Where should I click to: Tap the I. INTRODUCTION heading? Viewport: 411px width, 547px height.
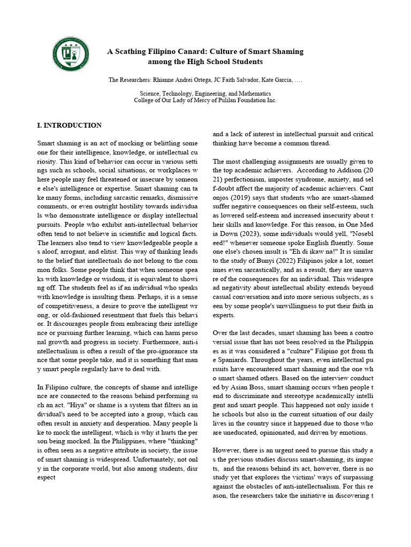[x=69, y=126]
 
